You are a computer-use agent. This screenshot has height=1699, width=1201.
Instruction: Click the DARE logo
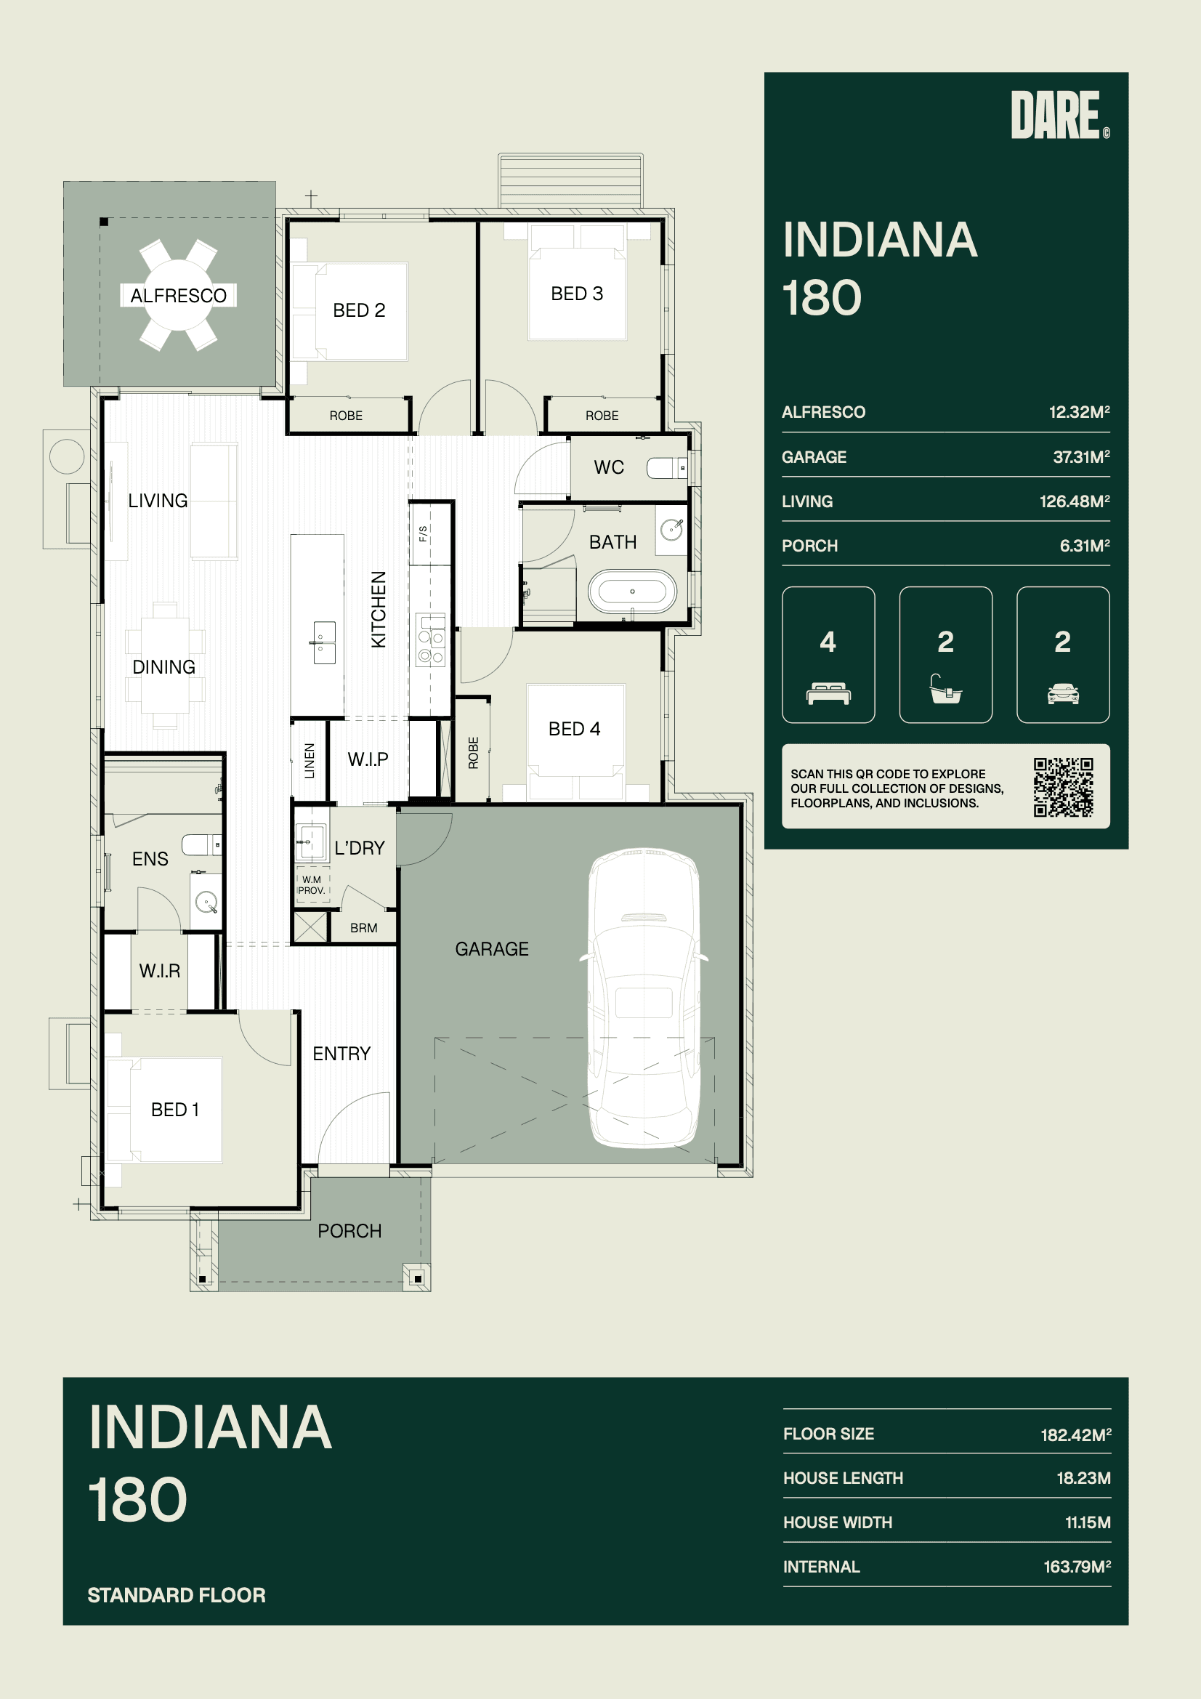pyautogui.click(x=1059, y=115)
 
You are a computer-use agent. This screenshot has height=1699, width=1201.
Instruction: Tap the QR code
pyautogui.click(x=1064, y=786)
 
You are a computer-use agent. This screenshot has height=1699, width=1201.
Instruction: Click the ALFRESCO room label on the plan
pyautogui.click(x=178, y=295)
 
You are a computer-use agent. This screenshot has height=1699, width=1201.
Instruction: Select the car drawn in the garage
pyautogui.click(x=644, y=998)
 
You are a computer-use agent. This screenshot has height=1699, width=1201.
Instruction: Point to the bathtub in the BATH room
pyautogui.click(x=632, y=593)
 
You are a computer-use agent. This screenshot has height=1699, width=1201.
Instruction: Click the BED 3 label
pyautogui.click(x=577, y=294)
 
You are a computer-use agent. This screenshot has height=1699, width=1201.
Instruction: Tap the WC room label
pyautogui.click(x=609, y=467)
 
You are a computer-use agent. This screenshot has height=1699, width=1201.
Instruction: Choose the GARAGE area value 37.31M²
pyautogui.click(x=1081, y=456)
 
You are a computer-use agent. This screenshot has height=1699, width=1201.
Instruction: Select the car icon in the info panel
pyautogui.click(x=1063, y=693)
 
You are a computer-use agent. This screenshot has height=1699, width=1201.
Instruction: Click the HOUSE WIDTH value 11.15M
pyautogui.click(x=1088, y=1522)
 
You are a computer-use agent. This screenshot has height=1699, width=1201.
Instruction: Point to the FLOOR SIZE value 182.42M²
pyautogui.click(x=1076, y=1434)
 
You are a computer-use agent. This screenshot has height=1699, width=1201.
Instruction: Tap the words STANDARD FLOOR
pyautogui.click(x=177, y=1594)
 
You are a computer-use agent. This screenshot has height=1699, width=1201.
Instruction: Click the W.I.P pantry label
pyautogui.click(x=368, y=759)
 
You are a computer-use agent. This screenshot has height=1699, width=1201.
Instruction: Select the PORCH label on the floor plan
pyautogui.click(x=349, y=1230)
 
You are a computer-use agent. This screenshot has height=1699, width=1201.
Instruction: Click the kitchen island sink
pyautogui.click(x=324, y=642)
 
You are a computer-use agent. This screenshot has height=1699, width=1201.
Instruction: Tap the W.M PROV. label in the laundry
pyautogui.click(x=312, y=885)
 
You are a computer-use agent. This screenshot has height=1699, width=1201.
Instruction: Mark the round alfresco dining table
pyautogui.click(x=178, y=295)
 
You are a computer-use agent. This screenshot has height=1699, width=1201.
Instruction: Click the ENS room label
pyautogui.click(x=150, y=858)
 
